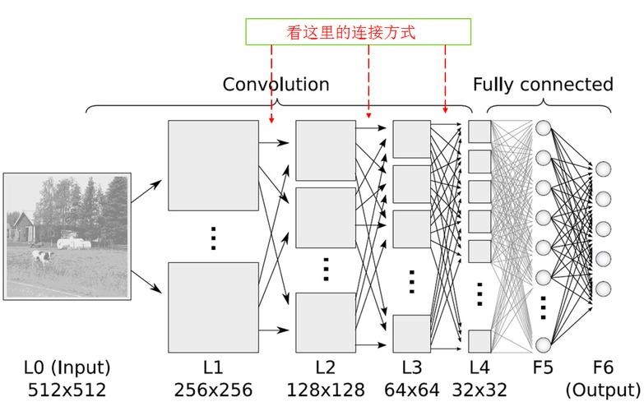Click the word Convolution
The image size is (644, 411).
pos(276,84)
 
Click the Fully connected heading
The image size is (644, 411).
pos(543,85)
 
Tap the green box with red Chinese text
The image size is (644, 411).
pos(358,31)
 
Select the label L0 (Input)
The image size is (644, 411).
pos(67,367)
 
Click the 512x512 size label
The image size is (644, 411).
pos(67,390)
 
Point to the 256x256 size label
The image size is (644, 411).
pos(213,390)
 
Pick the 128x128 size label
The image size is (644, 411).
pos(325,390)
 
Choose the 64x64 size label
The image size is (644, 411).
pos(411,390)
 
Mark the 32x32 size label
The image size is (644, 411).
pos(480,390)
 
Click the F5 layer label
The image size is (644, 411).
pos(543,367)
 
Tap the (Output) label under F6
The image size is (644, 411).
pos(603,390)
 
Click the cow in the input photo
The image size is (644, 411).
pos(42,257)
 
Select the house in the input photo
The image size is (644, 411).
pos(22,228)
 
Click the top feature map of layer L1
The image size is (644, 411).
pos(213,165)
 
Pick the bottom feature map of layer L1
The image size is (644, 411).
pos(213,307)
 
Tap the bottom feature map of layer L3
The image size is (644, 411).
pos(411,334)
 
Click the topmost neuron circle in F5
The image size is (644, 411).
pos(543,127)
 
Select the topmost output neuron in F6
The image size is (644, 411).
pos(603,169)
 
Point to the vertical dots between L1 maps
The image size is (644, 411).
pos(213,238)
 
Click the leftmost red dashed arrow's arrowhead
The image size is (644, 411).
pos(271,120)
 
